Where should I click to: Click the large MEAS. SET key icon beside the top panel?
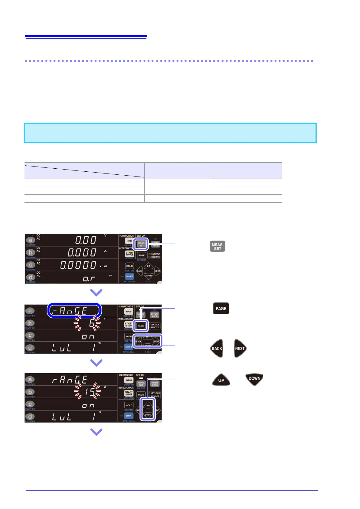click(x=217, y=246)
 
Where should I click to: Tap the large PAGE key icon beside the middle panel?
click(x=221, y=308)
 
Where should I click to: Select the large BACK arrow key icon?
click(x=217, y=348)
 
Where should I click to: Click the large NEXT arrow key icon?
click(x=240, y=348)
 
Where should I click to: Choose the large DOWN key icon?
click(x=254, y=379)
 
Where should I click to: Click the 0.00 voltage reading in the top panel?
click(x=86, y=240)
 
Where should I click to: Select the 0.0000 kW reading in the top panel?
click(x=78, y=265)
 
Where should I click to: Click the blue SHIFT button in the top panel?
click(x=129, y=276)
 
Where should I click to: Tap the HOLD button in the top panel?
click(x=129, y=266)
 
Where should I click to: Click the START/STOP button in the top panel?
click(x=129, y=254)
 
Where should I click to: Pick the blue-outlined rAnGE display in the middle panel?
click(x=74, y=310)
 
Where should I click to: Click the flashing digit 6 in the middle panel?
click(x=92, y=323)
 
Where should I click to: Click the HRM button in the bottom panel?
click(x=129, y=380)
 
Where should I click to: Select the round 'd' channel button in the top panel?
click(x=30, y=277)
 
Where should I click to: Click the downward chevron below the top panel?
click(x=96, y=292)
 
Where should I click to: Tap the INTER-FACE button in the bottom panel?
click(x=155, y=384)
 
